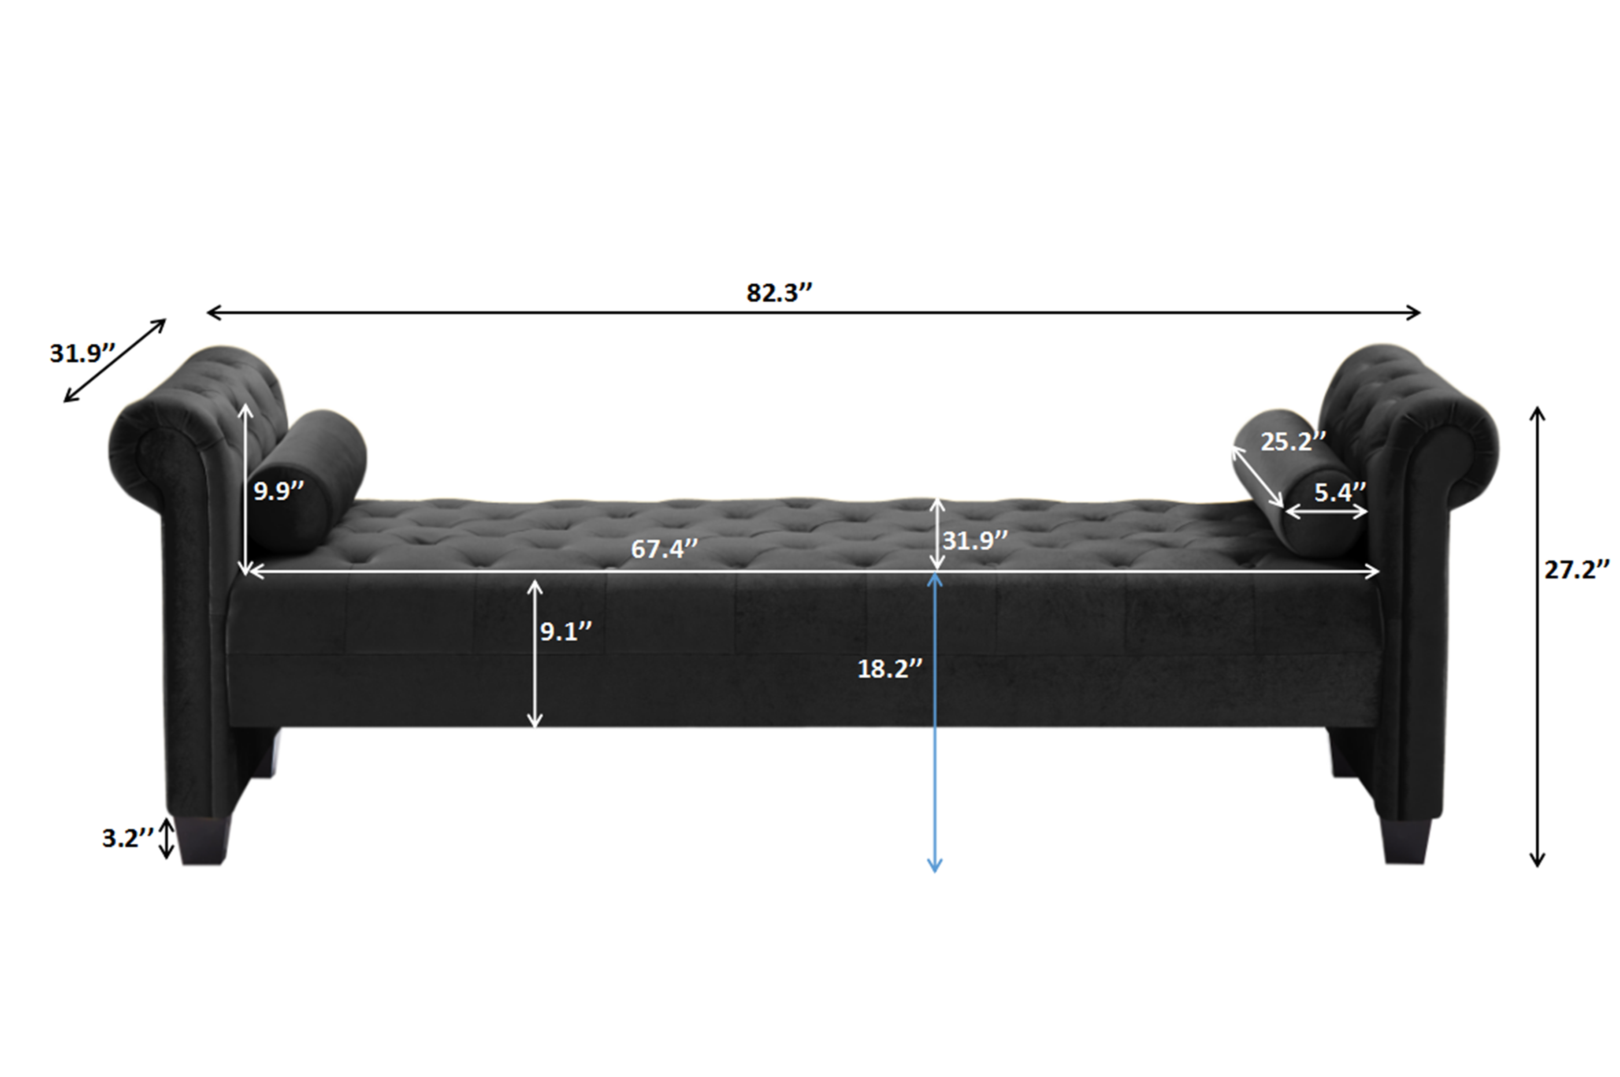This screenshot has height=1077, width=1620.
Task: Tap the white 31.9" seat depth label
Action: [974, 541]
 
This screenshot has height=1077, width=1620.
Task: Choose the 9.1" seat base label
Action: [565, 631]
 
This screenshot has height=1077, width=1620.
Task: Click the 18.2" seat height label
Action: [889, 668]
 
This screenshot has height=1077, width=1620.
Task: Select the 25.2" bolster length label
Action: [1293, 442]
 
